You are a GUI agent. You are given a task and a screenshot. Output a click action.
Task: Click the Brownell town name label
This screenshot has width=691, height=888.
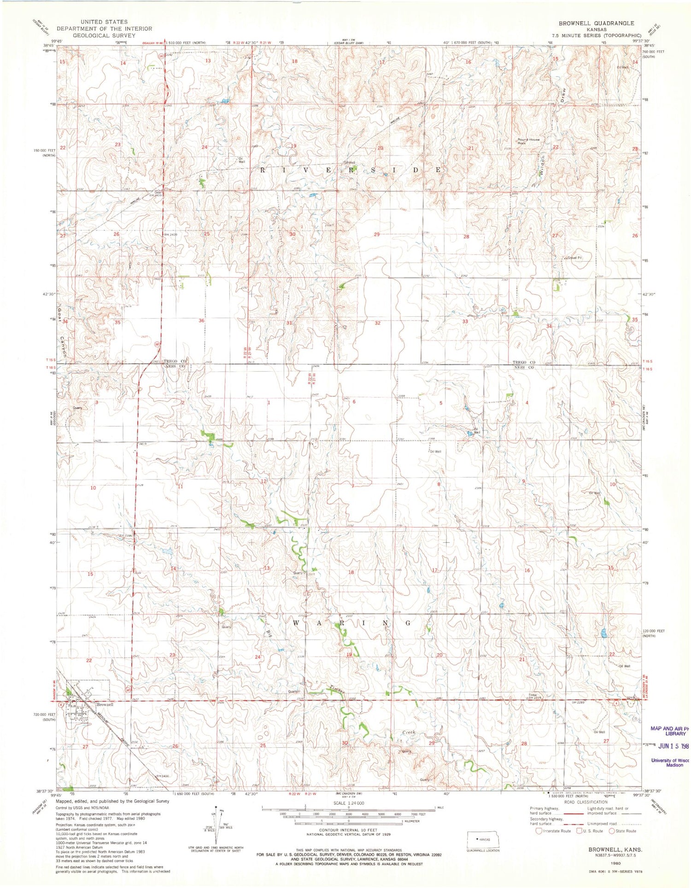point(104,705)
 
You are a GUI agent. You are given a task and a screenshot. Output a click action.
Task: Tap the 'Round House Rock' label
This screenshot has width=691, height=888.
point(528,141)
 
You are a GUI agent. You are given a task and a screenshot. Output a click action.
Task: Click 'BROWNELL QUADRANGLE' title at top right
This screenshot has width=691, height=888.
point(596,23)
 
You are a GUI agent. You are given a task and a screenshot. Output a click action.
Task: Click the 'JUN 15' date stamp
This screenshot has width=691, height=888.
point(669,746)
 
